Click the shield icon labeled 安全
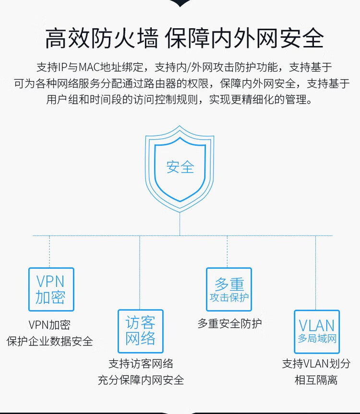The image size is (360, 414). tap(180, 137)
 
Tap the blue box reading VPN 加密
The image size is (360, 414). tap(51, 268)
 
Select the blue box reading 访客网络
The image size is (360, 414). tap(140, 310)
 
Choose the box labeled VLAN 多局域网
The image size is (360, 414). tap(317, 311)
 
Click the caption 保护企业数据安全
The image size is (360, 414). tap(49, 341)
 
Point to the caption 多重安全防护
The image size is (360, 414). tap(230, 323)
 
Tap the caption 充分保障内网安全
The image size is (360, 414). tap(141, 380)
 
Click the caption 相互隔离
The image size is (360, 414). tap(316, 380)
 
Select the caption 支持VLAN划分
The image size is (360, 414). tap(316, 364)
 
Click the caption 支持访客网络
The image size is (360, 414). tap(141, 364)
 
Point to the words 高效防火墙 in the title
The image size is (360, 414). tap(102, 38)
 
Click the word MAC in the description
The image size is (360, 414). tap(90, 67)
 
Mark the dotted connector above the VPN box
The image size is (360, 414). tap(49, 251)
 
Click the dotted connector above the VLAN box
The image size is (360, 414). tap(316, 272)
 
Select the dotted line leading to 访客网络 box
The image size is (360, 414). tap(140, 272)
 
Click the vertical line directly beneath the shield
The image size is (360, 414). tap(180, 224)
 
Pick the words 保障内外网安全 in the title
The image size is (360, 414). tap(245, 38)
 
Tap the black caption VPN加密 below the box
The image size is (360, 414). tap(49, 325)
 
